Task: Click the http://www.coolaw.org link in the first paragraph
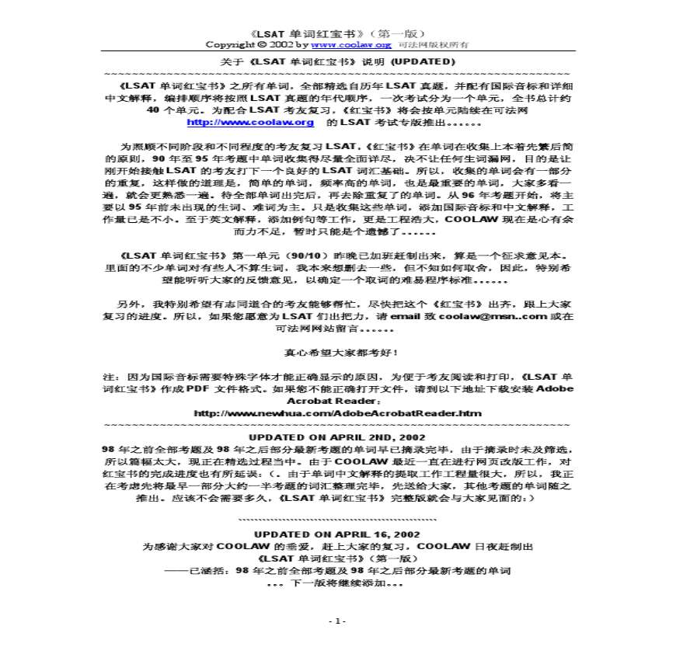pos(251,122)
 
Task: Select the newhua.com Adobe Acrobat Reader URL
pos(337,412)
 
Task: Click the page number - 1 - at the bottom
pos(337,621)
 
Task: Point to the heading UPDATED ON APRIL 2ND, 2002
pos(337,437)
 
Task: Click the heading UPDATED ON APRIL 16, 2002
pos(337,534)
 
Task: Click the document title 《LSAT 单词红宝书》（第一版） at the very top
pos(337,33)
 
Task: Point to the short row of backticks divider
pos(337,519)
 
